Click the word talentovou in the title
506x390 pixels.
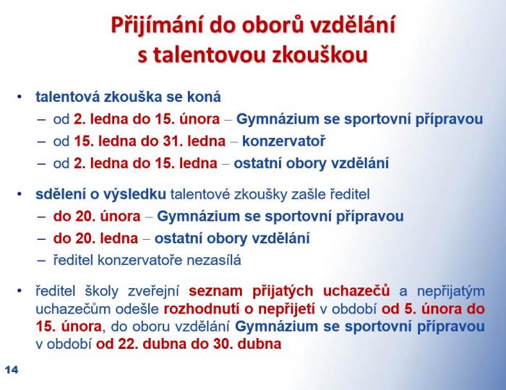[x=210, y=55]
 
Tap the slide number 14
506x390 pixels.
[x=12, y=370]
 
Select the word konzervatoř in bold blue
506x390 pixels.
[x=283, y=141]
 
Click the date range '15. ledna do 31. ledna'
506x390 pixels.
[x=150, y=141]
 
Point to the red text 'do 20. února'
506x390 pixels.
[x=97, y=216]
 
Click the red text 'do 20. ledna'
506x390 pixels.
[x=95, y=238]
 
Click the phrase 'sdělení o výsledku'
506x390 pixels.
[x=100, y=194]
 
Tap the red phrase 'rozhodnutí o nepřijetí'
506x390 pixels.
[x=239, y=309]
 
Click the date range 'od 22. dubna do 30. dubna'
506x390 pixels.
[x=189, y=344]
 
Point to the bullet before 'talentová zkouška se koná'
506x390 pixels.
[x=20, y=97]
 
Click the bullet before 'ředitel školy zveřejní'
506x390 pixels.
[x=20, y=291]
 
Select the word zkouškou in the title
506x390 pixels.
[x=320, y=55]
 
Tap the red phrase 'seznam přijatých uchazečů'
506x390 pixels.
[x=289, y=291]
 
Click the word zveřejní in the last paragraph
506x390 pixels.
[x=153, y=291]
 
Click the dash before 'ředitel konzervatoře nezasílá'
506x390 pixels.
[x=42, y=261]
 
